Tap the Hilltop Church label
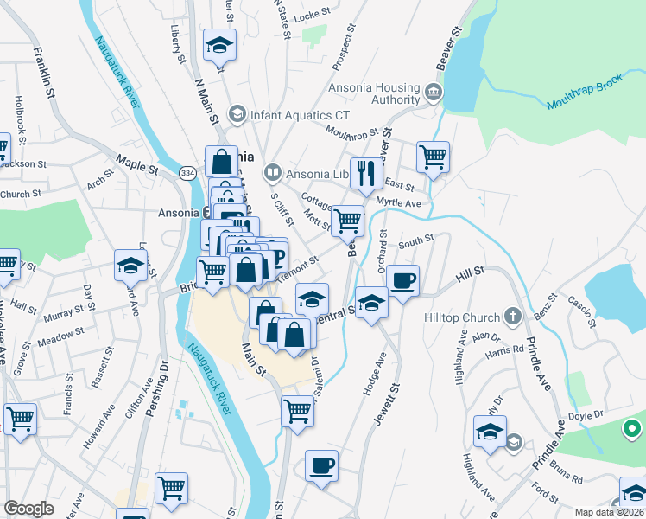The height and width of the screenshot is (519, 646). tap(462, 317)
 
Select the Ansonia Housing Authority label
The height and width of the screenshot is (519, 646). tap(374, 93)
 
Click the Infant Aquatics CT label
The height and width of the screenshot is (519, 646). tap(300, 114)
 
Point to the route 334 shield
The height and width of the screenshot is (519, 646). tap(187, 174)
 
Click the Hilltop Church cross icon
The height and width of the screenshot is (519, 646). tap(513, 317)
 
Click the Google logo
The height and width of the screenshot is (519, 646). tap(28, 509)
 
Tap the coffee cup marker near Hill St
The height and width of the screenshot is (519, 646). tap(402, 279)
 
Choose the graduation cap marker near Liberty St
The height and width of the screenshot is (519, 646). tap(219, 44)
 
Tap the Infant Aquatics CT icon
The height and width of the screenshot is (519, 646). tap(236, 114)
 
